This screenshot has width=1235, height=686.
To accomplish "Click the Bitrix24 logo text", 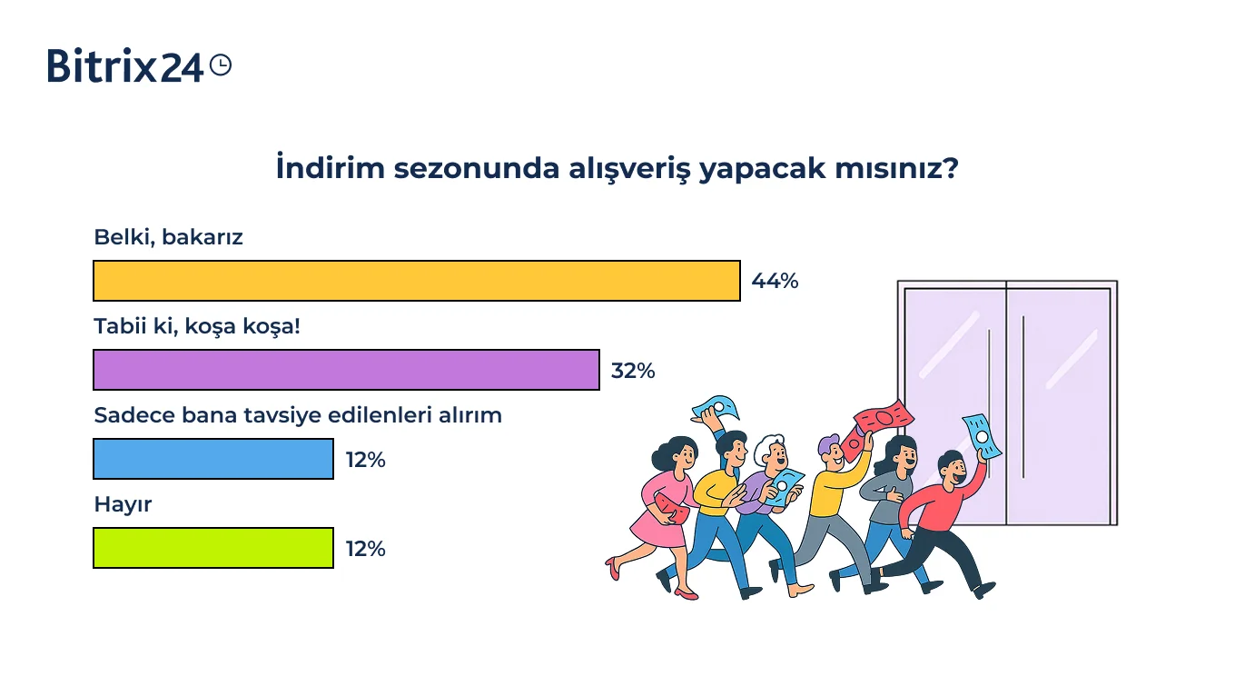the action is click(x=125, y=66).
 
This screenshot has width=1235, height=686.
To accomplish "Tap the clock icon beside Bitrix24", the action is click(x=221, y=65).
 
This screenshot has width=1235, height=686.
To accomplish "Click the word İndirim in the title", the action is click(x=331, y=167).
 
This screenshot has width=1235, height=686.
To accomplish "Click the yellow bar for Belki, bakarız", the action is click(x=417, y=281).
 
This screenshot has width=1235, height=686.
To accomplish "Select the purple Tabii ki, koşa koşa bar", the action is click(x=346, y=370).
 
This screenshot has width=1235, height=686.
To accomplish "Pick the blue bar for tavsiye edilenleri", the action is click(x=213, y=459).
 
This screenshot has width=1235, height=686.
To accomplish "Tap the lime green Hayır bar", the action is click(x=213, y=548).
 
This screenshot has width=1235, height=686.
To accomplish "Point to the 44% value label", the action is click(x=775, y=282).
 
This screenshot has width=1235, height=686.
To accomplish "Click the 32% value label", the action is click(x=633, y=371).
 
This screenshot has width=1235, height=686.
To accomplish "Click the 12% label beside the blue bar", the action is click(x=366, y=460).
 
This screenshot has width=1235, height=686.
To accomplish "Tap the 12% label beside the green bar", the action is click(x=366, y=549).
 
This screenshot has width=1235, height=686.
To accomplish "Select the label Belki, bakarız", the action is click(x=168, y=238).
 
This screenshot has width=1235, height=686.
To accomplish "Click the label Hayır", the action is click(x=123, y=504).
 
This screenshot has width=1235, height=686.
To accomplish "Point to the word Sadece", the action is click(x=134, y=415).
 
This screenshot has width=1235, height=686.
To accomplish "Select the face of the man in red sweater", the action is click(x=953, y=470).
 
